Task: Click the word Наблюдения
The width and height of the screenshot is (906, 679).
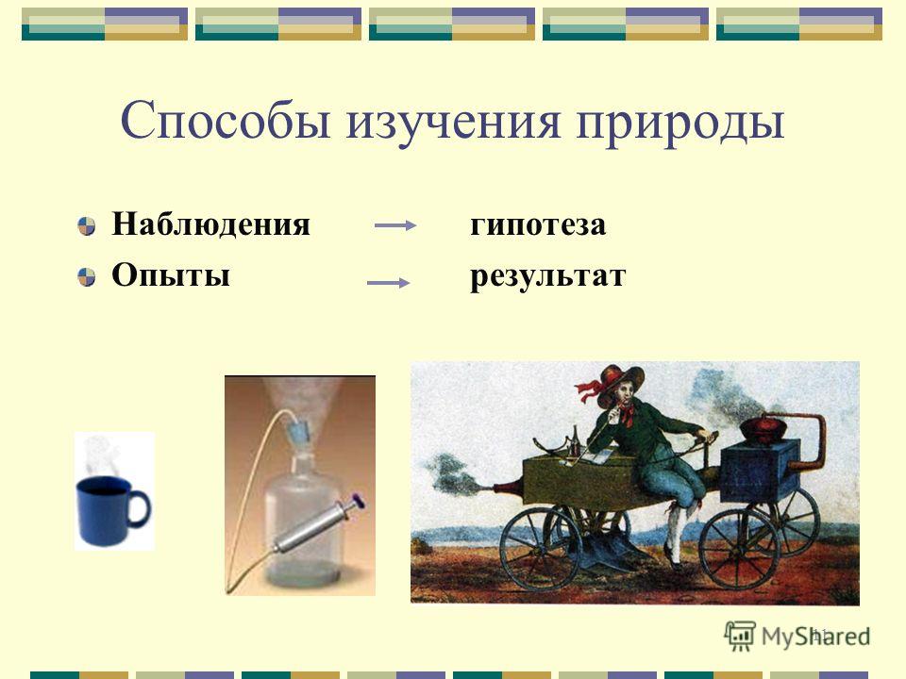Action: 210,224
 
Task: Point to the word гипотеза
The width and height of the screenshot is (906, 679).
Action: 538,224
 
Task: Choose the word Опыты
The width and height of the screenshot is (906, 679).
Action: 171,274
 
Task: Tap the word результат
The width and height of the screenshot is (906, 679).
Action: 547,276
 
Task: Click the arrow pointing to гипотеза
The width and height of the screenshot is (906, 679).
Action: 395,225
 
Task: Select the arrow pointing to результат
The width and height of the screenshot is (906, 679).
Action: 388,283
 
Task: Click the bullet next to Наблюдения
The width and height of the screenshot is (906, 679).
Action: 87,225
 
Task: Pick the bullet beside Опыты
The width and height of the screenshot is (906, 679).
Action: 87,276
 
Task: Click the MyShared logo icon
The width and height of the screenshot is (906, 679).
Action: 740,637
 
